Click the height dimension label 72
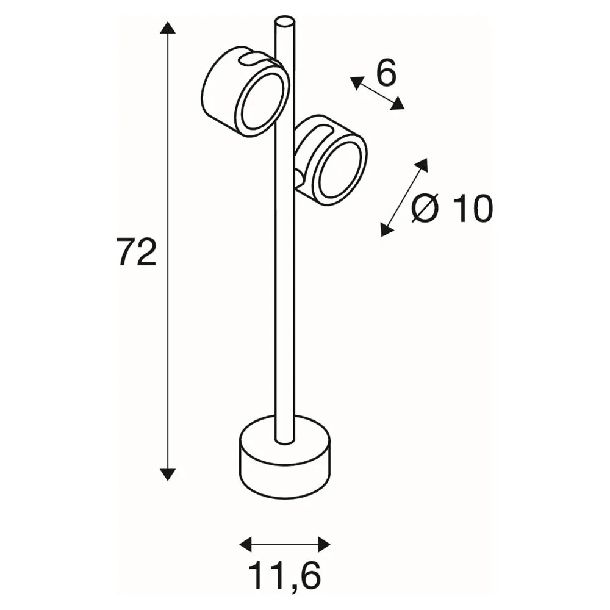[x=137, y=252]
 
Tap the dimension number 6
[x=386, y=73]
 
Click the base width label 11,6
[x=284, y=574]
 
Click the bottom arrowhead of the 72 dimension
[x=168, y=474]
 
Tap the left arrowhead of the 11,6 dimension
[x=246, y=544]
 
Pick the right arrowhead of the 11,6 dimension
[x=324, y=544]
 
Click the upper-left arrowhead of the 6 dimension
[x=357, y=83]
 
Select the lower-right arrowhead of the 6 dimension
[x=397, y=104]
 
